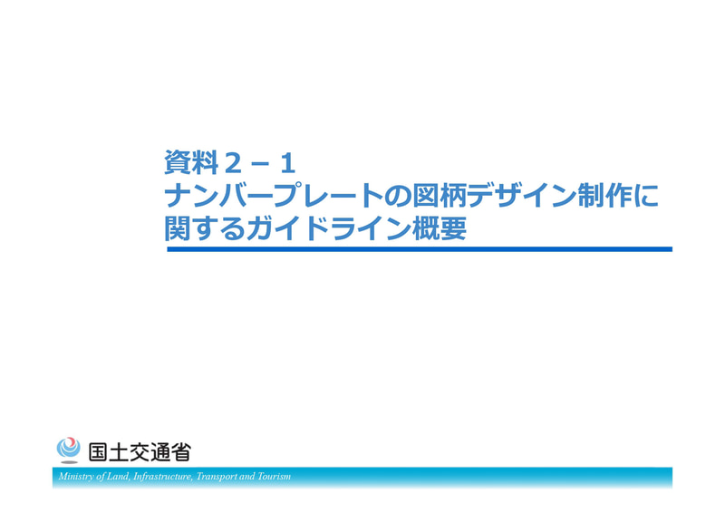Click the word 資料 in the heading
[x=192, y=163]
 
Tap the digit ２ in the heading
[x=235, y=163]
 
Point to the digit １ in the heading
[x=287, y=163]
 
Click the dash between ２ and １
[x=261, y=164]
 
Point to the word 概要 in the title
[x=436, y=227]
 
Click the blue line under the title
[x=420, y=248]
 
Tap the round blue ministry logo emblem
[x=68, y=450]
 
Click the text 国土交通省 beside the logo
[x=140, y=451]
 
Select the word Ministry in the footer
[x=76, y=477]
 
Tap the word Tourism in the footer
[x=273, y=477]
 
